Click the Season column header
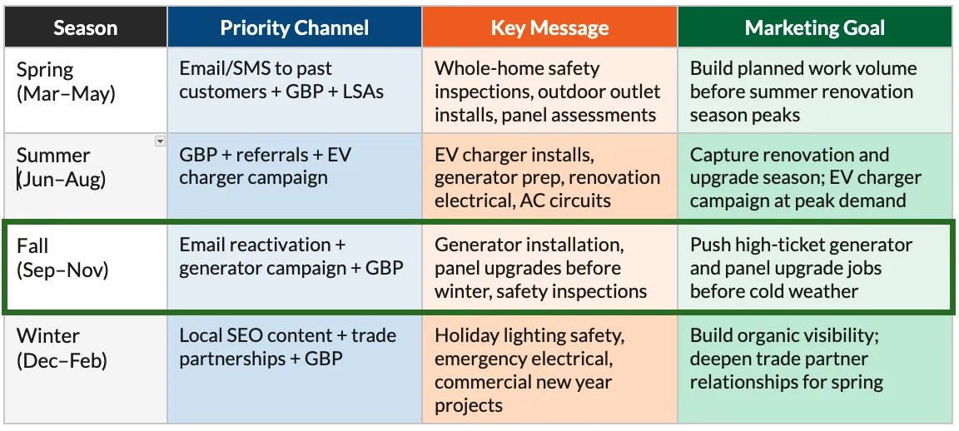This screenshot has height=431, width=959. [x=85, y=27]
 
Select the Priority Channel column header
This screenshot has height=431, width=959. [x=294, y=27]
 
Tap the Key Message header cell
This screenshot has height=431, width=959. [x=549, y=27]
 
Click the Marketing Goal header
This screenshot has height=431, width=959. [x=815, y=27]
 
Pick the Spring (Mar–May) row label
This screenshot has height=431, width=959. [x=65, y=81]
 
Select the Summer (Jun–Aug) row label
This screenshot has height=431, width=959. [x=61, y=166]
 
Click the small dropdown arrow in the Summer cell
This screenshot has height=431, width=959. [x=160, y=141]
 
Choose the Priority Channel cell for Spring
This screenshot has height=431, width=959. [x=294, y=91]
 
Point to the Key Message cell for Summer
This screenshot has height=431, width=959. [x=549, y=177]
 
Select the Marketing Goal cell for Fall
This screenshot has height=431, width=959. [x=815, y=268]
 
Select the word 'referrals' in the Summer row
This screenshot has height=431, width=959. [x=270, y=155]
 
